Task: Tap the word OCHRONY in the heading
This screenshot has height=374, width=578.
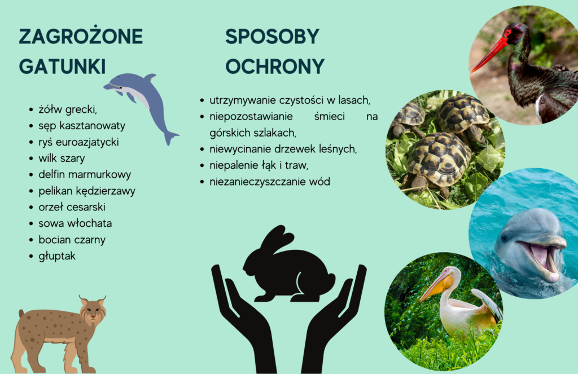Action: pos(275,67)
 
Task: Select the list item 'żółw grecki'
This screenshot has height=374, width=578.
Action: pos(68,109)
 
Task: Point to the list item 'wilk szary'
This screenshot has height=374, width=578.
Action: pos(62,158)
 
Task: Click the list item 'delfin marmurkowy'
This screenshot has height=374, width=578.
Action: pos(85,174)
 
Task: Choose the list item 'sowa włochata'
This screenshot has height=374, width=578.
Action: pos(75,223)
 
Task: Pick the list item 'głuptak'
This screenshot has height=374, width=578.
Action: pos(57,256)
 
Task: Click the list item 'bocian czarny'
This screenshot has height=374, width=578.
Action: pos(72,240)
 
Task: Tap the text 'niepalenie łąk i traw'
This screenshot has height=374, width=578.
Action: pos(259,165)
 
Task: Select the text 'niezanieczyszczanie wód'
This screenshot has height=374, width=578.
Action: pos(270,181)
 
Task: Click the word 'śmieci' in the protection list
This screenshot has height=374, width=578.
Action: pos(330,116)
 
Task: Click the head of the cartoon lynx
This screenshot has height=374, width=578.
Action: pos(93,311)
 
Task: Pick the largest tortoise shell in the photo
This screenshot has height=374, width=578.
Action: pos(439,159)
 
